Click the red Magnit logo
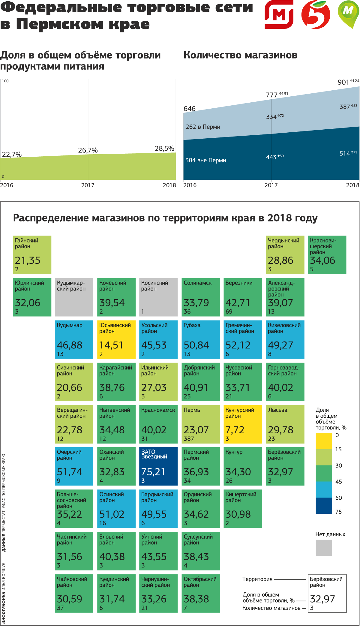click(x=279, y=14)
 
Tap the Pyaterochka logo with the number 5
click(x=316, y=14)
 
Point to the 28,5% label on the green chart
click(x=164, y=149)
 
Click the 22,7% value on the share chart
click(x=12, y=155)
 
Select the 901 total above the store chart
click(x=343, y=82)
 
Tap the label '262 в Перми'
click(x=203, y=127)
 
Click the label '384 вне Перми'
click(x=206, y=160)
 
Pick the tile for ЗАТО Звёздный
click(x=158, y=466)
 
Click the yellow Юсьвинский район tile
click(x=116, y=339)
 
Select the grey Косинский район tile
click(x=158, y=297)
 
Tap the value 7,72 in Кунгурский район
click(x=235, y=430)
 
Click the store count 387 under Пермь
click(x=189, y=439)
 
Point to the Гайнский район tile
click(x=32, y=255)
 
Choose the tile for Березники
click(x=243, y=297)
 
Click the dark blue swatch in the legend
click(x=324, y=506)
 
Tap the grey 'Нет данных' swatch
click(x=324, y=548)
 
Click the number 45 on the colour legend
click(x=339, y=482)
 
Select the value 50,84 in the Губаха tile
click(x=196, y=345)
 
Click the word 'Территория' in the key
click(x=257, y=579)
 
